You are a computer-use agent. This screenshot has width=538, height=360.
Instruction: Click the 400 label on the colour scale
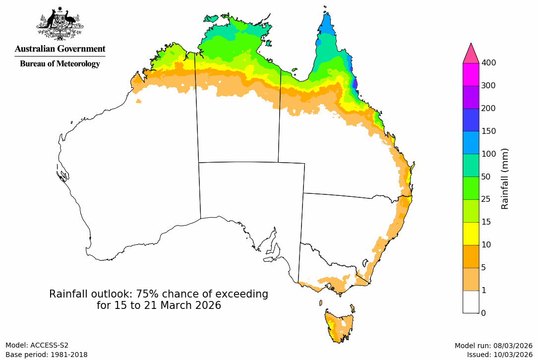point(489,62)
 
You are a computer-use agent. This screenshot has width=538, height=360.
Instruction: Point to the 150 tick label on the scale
point(489,131)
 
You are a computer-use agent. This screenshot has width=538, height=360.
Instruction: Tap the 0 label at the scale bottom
point(483,313)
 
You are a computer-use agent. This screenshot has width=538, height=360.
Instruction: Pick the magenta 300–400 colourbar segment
point(471,74)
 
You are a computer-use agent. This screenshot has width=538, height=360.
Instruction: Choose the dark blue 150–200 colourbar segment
point(471,120)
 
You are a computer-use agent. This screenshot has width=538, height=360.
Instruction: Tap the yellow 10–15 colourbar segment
point(471,234)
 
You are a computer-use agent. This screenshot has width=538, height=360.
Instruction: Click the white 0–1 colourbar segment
point(471,301)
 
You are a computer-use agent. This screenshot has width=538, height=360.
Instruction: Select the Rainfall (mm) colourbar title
point(505,179)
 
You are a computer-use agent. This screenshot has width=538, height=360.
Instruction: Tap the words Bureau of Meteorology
point(60,63)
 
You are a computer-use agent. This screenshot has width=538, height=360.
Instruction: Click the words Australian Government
point(60,49)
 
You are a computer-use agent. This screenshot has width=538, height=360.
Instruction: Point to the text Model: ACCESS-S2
point(37,345)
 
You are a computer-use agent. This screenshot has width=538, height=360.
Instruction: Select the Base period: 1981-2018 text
point(47,355)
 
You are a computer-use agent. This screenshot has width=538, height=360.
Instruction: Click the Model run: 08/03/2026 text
point(493,346)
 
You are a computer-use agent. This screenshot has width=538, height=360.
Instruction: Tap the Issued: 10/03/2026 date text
point(499,355)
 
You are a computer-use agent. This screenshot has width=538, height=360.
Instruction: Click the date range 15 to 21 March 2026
point(159,305)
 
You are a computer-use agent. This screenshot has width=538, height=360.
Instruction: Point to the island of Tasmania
point(340,325)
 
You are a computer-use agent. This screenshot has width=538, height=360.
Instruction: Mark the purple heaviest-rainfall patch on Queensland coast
point(354,83)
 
